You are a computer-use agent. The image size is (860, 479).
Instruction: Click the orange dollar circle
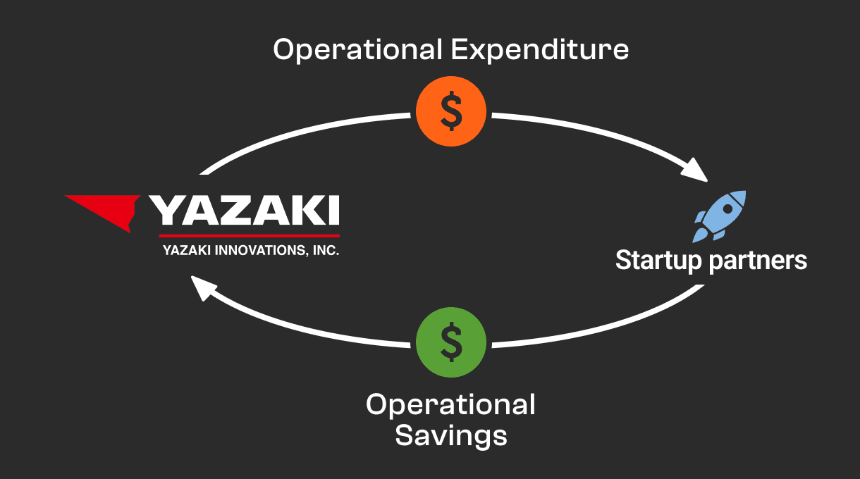coord(451,111)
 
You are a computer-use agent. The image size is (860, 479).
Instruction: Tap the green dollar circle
coord(451,343)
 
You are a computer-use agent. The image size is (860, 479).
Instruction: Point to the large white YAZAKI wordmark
coord(244,211)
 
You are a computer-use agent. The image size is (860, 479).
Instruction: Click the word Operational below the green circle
coord(451,405)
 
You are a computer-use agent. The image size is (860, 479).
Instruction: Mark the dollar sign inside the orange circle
coord(451,111)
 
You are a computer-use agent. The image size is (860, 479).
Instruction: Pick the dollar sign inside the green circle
coord(451,343)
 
